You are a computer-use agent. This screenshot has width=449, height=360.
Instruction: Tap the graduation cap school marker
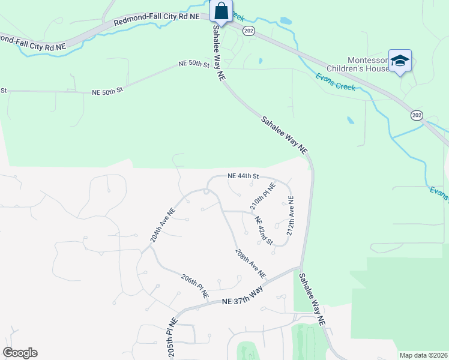pyautogui.click(x=400, y=61)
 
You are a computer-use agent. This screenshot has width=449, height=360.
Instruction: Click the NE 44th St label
pyautogui.click(x=243, y=176)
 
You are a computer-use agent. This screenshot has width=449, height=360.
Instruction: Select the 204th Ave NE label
pyautogui.click(x=163, y=226)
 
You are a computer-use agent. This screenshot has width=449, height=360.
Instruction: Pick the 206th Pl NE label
pyautogui.click(x=195, y=286)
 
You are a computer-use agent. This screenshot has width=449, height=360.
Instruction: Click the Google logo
pyautogui.click(x=20, y=353)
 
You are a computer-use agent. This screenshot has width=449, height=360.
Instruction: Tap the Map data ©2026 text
pyautogui.click(x=424, y=355)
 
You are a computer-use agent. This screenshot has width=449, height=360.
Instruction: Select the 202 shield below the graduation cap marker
pyautogui.click(x=417, y=115)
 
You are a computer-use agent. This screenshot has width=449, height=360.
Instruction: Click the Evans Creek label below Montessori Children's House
pyautogui.click(x=336, y=82)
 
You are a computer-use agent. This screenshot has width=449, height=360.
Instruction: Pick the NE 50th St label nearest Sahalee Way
pyautogui.click(x=193, y=64)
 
